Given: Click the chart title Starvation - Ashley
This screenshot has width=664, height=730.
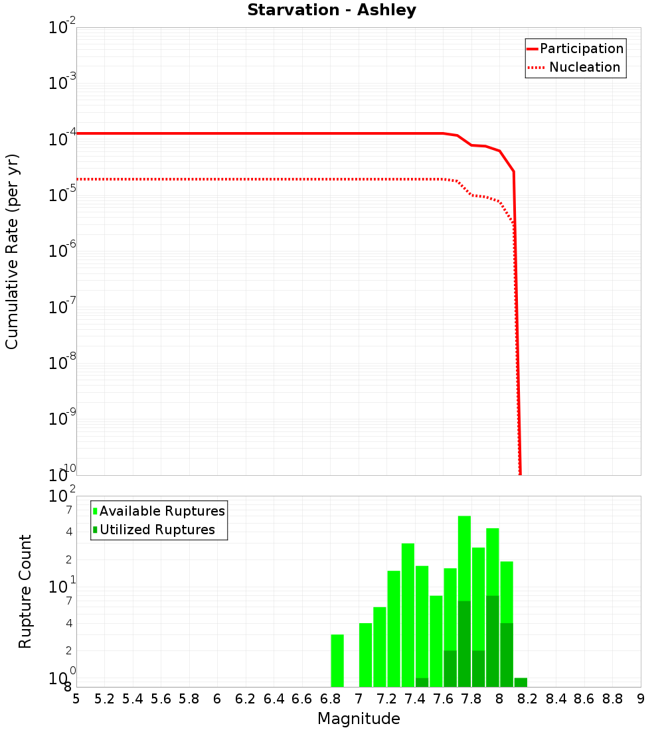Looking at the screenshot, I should [x=331, y=11].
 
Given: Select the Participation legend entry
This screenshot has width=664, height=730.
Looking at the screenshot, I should [x=581, y=49].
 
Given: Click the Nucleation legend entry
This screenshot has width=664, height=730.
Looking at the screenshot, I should [x=584, y=68].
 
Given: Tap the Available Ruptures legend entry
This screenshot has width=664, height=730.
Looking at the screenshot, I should [x=161, y=512].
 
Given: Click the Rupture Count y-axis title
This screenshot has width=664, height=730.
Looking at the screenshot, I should [x=25, y=591].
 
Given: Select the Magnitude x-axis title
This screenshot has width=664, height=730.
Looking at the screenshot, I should [x=359, y=719].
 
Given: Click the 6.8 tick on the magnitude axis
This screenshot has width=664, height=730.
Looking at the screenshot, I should [x=330, y=699].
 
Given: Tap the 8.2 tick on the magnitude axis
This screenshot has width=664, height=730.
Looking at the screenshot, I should [x=528, y=699].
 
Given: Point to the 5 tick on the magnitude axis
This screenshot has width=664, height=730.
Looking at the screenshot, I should [x=76, y=699].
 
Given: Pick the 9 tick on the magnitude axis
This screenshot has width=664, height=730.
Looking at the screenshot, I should [x=640, y=699].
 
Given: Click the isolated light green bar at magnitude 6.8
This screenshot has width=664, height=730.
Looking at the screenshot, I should [x=337, y=660].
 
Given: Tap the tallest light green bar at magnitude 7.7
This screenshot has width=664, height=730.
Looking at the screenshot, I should [x=464, y=557].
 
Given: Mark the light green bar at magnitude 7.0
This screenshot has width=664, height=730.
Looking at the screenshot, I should [x=365, y=654].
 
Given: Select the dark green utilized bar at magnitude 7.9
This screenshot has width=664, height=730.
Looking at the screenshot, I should [x=492, y=640].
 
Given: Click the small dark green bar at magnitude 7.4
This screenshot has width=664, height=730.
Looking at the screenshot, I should [x=422, y=682].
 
